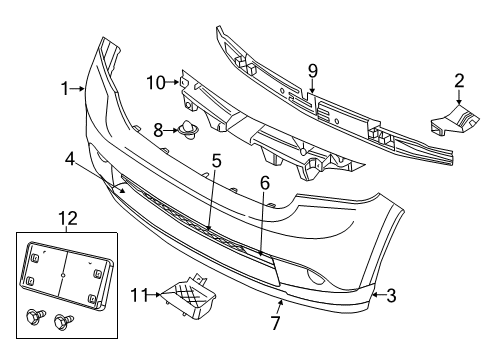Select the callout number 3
coord(392,295)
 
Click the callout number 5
coord(215,160)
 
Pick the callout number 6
coord(264,183)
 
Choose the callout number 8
coord(158,128)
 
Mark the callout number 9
coord(312,70)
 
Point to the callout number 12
coord(65,219)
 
